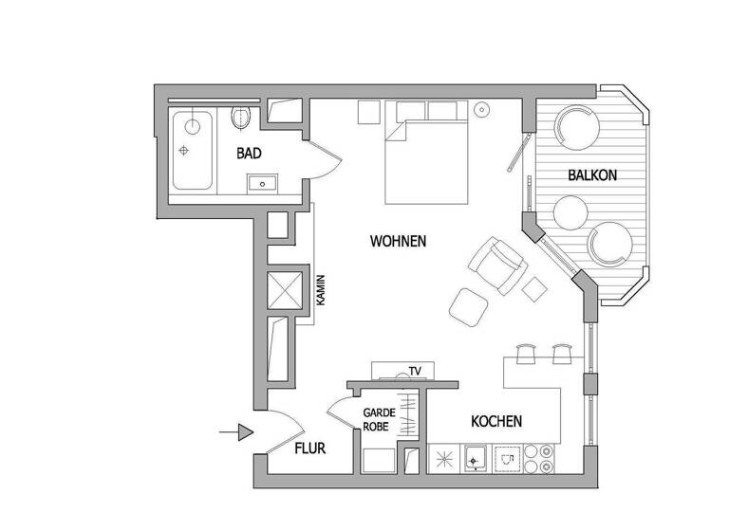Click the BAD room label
pyautogui.click(x=249, y=153)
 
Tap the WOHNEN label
pyautogui.click(x=398, y=242)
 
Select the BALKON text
pyautogui.click(x=593, y=175)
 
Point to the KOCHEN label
pyautogui.click(x=495, y=421)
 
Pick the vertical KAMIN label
pyautogui.click(x=321, y=289)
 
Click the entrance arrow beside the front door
pyautogui.click(x=238, y=433)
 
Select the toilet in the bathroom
pyautogui.click(x=242, y=119)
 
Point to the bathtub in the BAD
pyautogui.click(x=193, y=151)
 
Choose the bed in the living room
pyautogui.click(x=427, y=160)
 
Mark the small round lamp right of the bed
pyautogui.click(x=480, y=108)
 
